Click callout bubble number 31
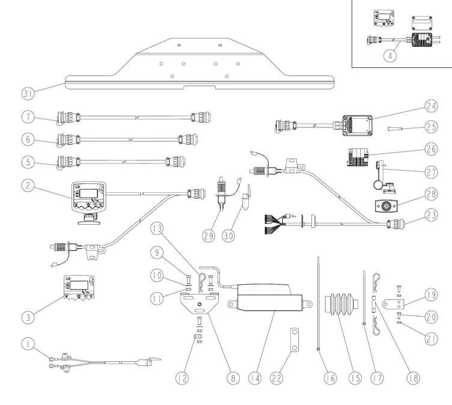click(26, 94)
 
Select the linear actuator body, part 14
click(267, 298)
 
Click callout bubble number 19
click(429, 294)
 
